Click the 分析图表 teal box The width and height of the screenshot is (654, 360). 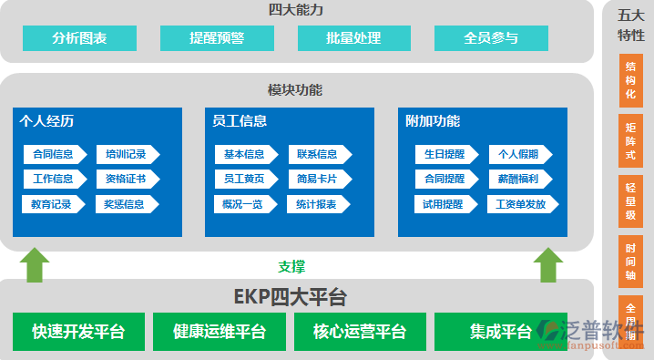pyautogui.click(x=79, y=38)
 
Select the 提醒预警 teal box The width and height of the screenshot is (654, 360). pyautogui.click(x=217, y=38)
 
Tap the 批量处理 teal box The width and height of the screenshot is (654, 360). pyautogui.click(x=353, y=38)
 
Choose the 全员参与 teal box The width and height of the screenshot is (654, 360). pyautogui.click(x=491, y=38)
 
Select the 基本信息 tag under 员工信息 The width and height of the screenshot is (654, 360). pyautogui.click(x=245, y=154)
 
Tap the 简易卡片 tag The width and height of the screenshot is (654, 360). pyautogui.click(x=318, y=179)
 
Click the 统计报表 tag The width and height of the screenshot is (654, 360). pyautogui.click(x=318, y=204)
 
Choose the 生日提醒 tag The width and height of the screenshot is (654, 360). pyautogui.click(x=445, y=154)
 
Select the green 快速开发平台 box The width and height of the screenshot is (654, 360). pyautogui.click(x=78, y=332)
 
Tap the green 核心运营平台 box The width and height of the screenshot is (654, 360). pyautogui.click(x=359, y=332)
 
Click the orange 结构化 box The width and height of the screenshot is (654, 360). pyautogui.click(x=630, y=80)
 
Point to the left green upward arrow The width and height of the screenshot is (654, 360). pyautogui.click(x=35, y=264)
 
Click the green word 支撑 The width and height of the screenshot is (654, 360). pyautogui.click(x=291, y=267)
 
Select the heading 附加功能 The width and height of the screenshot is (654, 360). pyautogui.click(x=433, y=121)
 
